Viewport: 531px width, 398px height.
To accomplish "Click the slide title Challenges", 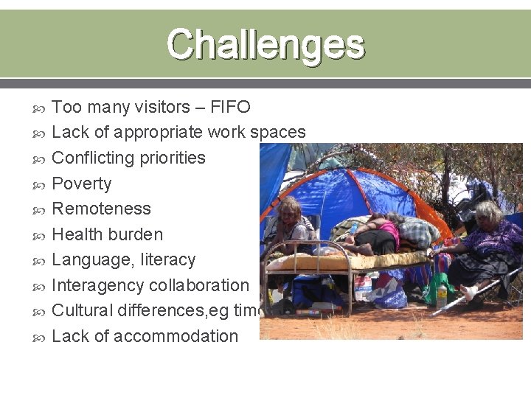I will (265, 44).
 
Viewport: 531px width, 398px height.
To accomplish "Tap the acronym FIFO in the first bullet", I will (230, 108).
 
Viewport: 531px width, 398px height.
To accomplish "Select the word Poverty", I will (82, 184).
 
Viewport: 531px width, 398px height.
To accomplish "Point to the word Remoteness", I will (102, 209).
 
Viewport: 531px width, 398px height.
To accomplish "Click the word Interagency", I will (98, 285).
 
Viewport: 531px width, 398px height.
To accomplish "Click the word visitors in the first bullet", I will (162, 108).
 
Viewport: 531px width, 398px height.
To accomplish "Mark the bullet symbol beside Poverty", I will (41, 184).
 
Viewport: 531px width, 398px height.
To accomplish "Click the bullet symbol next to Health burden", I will (41, 235).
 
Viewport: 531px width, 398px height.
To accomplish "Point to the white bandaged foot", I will (471, 293).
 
